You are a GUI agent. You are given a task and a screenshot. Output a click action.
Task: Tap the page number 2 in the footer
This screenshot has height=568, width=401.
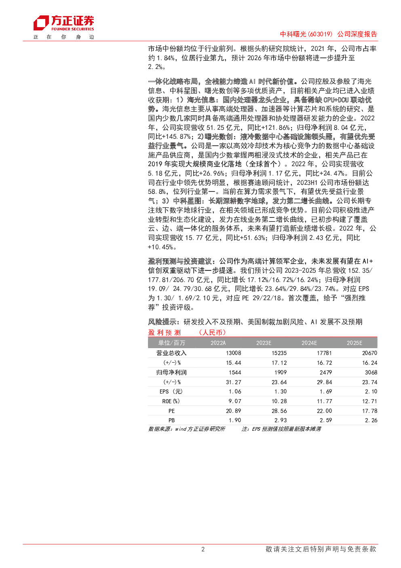coord(203,549)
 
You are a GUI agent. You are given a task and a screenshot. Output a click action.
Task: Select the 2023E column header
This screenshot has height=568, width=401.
coord(264,343)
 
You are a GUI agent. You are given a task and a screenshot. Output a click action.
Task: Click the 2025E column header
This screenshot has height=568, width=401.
coord(355,343)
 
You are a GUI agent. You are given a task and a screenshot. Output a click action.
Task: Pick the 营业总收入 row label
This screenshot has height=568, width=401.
coord(171,353)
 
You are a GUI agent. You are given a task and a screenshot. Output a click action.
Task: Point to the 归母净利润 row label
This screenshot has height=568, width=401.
coord(171,372)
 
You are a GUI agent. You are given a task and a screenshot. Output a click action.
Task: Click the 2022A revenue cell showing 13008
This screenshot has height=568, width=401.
coord(233,353)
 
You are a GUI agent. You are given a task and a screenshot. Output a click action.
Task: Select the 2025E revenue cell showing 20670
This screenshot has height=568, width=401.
coord(369,353)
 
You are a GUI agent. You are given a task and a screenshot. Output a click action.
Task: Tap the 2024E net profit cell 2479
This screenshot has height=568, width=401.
coord(326,372)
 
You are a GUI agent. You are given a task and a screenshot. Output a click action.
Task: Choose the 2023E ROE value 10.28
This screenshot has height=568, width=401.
coord(279,401)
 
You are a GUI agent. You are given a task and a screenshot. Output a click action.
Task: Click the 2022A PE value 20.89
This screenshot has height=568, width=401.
coord(233,411)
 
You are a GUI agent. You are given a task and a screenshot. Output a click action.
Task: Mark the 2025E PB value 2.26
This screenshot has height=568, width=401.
coord(371,420)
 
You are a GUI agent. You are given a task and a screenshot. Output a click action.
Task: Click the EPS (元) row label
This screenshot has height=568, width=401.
coord(171,391)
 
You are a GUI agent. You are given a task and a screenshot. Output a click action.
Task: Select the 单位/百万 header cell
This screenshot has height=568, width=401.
coord(172,343)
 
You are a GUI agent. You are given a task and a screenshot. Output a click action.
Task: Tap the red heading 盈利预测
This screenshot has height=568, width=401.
coord(164,332)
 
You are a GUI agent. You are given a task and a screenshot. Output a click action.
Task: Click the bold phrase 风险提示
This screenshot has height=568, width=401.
coord(162,322)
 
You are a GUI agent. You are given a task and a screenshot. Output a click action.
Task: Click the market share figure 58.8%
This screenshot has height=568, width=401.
coord(157,192)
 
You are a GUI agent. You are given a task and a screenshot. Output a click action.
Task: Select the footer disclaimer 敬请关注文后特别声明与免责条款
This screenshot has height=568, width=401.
coord(321,549)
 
